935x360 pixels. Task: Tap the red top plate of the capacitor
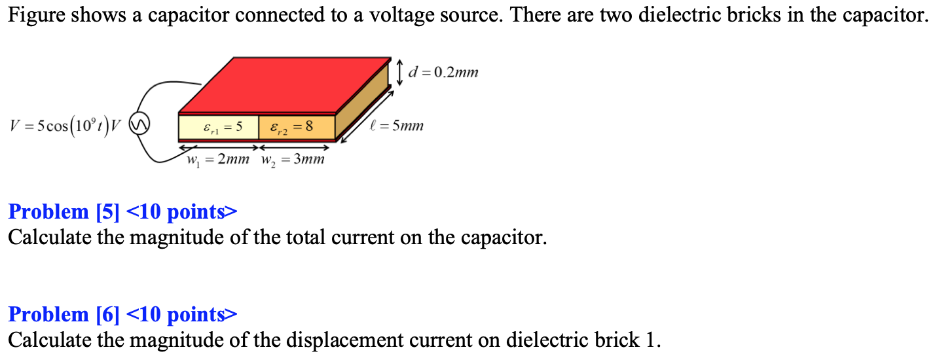point(282,85)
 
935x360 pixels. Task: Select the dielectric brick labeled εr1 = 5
point(219,127)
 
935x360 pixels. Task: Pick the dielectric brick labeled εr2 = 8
point(297,127)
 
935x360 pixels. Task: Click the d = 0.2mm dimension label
point(443,72)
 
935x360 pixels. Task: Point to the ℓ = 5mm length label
point(398,125)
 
